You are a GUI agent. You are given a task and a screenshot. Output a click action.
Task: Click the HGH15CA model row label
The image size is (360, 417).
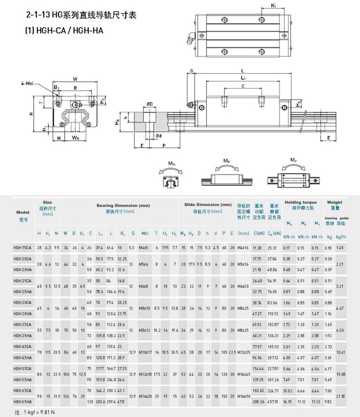coord(22,248)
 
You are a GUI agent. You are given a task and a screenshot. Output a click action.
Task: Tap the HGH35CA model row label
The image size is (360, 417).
coord(22,324)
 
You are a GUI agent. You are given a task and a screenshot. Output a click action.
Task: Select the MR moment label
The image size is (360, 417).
coord(172,163)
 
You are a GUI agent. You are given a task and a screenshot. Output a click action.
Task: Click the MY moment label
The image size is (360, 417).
coord(294,160)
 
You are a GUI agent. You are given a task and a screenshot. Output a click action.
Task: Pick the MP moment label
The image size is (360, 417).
coord(226,160)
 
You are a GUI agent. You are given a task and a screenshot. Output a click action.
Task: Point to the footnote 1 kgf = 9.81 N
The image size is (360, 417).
coord(30,412)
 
